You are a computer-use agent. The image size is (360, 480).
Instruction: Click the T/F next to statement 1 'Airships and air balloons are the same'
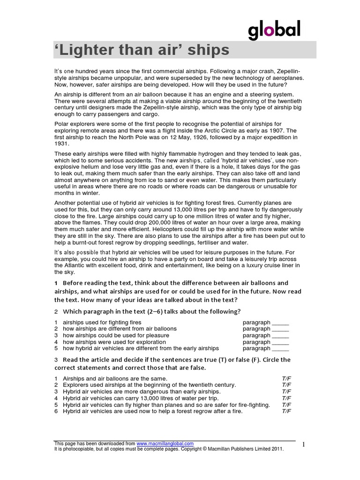[286, 378]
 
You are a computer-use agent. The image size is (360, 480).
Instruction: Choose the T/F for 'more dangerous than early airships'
[286, 391]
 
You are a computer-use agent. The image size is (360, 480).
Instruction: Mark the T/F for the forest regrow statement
[286, 411]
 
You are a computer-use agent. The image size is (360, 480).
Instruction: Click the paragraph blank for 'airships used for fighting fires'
[280, 322]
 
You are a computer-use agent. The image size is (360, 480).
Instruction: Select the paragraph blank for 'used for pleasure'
[280, 336]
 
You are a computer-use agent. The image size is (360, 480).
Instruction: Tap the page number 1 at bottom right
[304, 445]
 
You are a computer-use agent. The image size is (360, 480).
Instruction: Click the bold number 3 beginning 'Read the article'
[56, 360]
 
